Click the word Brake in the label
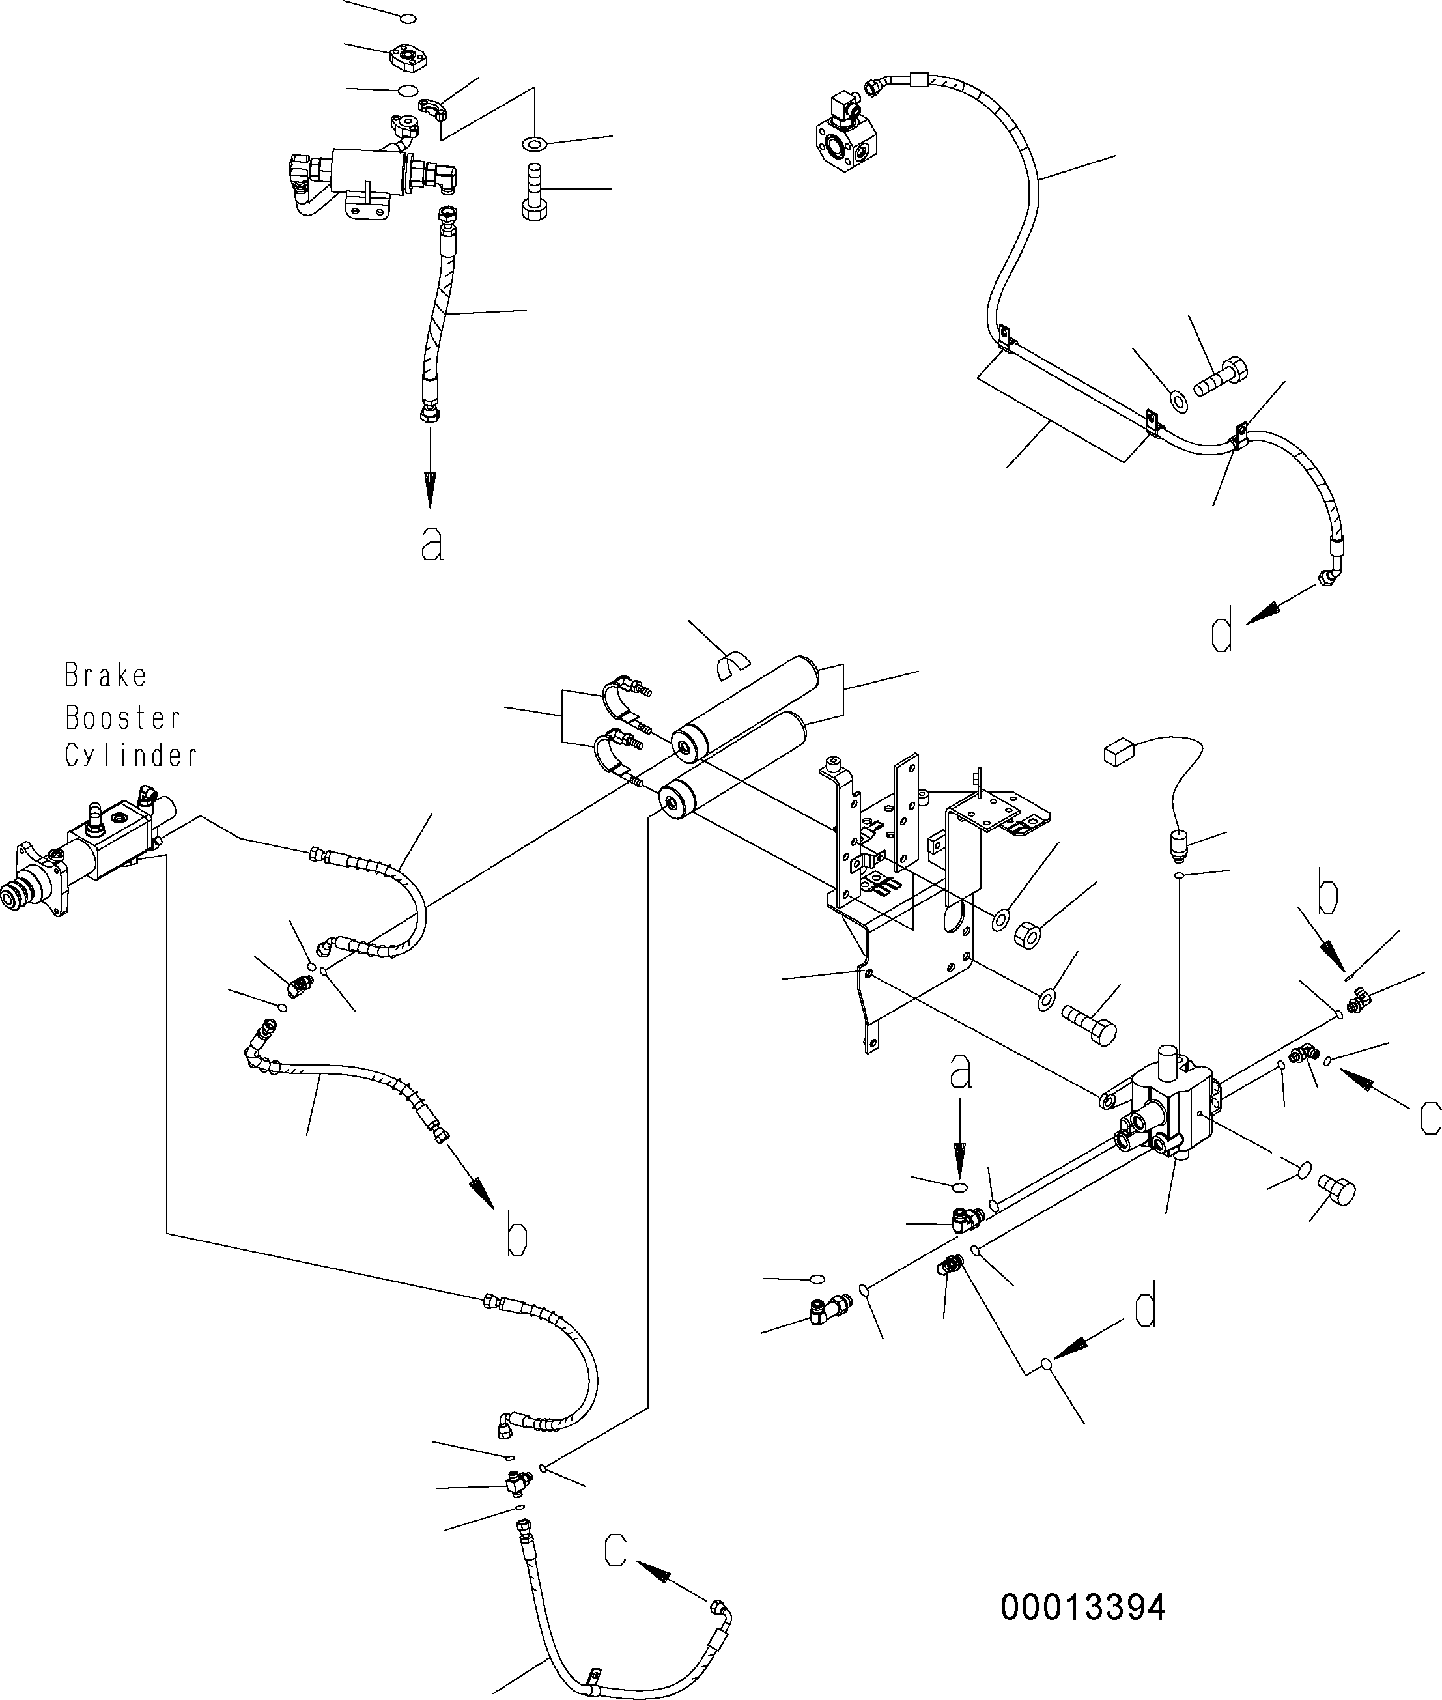click(x=106, y=676)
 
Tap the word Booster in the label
click(x=122, y=718)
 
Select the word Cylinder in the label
click(x=131, y=755)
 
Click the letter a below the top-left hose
click(x=432, y=543)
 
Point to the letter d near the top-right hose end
click(x=1221, y=635)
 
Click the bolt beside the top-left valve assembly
click(x=534, y=191)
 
